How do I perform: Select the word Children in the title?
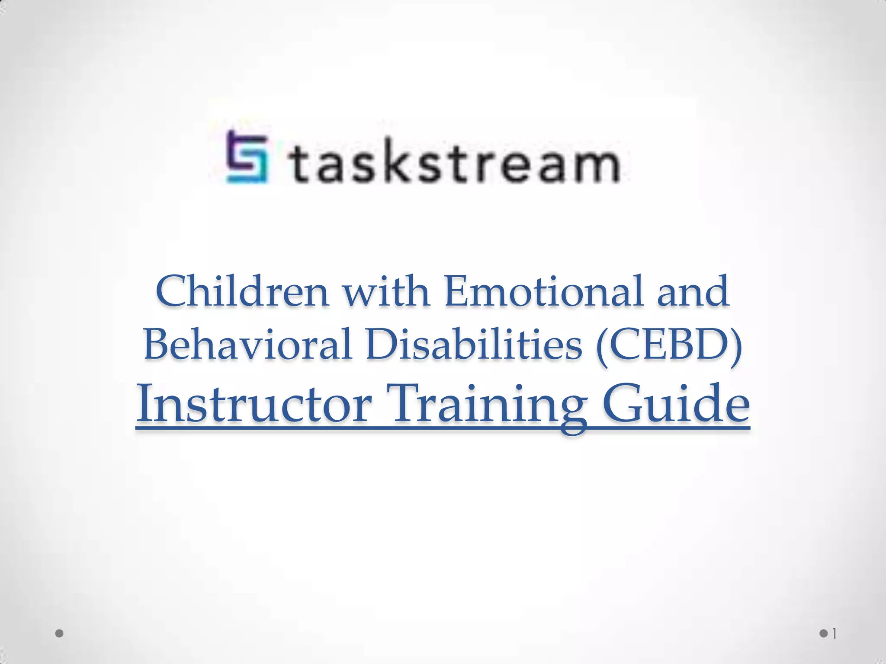[x=242, y=291]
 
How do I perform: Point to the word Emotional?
[x=543, y=291]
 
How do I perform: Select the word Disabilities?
[x=474, y=344]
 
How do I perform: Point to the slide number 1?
[x=835, y=634]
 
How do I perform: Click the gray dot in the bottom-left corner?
[x=60, y=634]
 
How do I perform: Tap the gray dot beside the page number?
[x=823, y=634]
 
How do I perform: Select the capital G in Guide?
[x=621, y=405]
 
